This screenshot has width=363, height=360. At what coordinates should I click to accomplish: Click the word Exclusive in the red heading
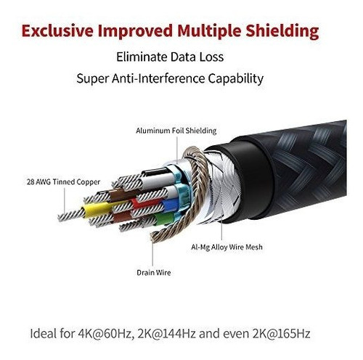57,30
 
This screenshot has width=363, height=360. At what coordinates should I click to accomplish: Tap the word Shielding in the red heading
282,32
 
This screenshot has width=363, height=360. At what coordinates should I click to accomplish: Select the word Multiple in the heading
210,32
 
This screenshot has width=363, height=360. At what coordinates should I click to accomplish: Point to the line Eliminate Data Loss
170,57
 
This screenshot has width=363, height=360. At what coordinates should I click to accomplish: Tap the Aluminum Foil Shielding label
176,131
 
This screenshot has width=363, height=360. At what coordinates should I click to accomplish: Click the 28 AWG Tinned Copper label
63,182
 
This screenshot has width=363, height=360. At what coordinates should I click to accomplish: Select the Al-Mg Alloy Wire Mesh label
227,247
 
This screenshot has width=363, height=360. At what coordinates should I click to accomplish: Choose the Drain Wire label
154,273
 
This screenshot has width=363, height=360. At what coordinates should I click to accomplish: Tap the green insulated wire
164,218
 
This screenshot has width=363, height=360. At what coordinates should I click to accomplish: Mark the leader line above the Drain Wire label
152,252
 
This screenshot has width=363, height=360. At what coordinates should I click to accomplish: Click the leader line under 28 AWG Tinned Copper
65,200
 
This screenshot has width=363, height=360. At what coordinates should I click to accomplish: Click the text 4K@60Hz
106,334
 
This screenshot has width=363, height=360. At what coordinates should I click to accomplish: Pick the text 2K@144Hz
167,334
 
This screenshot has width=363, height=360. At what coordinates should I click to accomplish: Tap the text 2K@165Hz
281,334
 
